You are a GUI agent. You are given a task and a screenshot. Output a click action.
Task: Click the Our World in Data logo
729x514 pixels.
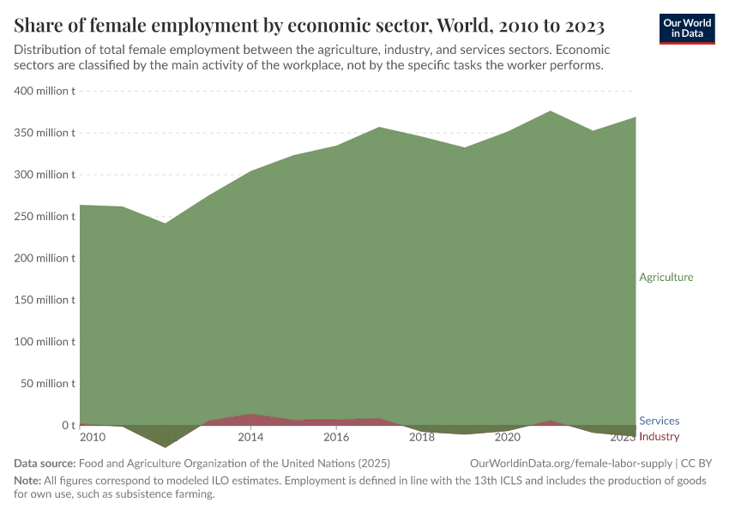click(x=687, y=28)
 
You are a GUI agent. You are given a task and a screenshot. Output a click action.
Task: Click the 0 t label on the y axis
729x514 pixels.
click(x=68, y=426)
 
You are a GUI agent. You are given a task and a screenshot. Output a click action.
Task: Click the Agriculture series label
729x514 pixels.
click(x=666, y=278)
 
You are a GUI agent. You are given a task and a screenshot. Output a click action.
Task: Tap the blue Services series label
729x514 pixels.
click(x=660, y=421)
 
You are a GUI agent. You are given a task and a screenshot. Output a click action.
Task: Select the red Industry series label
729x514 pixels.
click(x=660, y=437)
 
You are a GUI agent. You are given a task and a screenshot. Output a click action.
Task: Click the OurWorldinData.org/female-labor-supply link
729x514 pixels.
click(x=572, y=463)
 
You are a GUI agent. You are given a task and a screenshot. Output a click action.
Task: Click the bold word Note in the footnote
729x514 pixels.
click(x=27, y=481)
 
